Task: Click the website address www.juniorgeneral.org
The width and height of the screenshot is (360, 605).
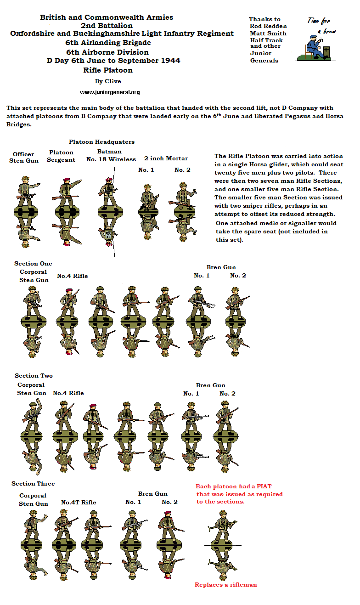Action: click(110, 92)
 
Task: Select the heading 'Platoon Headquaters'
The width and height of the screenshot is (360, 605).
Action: click(101, 142)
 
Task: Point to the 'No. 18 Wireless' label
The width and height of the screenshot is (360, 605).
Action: click(111, 159)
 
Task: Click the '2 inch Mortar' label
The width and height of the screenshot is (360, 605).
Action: click(166, 158)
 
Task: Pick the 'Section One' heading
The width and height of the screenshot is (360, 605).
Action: click(33, 264)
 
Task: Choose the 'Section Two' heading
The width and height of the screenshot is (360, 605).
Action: click(34, 376)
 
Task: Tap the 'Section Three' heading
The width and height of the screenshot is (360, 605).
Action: click(33, 484)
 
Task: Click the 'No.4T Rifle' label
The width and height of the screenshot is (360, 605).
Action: click(79, 503)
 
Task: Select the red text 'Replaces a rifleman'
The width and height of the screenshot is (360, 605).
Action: click(225, 585)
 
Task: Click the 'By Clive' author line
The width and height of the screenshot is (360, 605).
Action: click(108, 81)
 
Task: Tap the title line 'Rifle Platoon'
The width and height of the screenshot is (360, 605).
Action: click(108, 70)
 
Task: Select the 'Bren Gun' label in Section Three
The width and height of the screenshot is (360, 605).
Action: click(152, 494)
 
